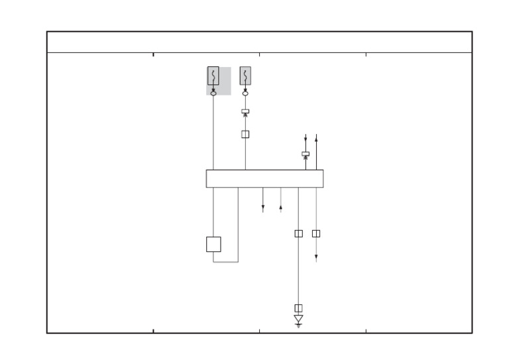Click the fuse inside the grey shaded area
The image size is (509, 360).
click(x=213, y=76)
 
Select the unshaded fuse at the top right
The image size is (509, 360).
click(x=245, y=76)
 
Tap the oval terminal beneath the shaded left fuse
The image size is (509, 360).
click(x=213, y=93)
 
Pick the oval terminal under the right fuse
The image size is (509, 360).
click(x=245, y=93)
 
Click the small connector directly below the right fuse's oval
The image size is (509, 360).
click(x=245, y=111)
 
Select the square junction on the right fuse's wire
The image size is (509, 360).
click(x=245, y=134)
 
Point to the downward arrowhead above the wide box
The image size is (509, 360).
click(x=306, y=139)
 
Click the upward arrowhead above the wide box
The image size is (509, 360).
click(x=316, y=138)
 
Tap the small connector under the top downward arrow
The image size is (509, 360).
click(x=306, y=154)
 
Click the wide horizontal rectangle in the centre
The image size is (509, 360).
click(x=264, y=178)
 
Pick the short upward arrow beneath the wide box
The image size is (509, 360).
click(x=280, y=208)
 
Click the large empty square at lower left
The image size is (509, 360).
click(x=213, y=244)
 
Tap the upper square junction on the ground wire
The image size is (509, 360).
click(x=298, y=233)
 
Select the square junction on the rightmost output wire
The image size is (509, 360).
click(x=316, y=233)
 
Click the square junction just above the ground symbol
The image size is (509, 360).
click(x=298, y=308)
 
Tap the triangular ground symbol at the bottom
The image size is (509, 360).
click(x=298, y=320)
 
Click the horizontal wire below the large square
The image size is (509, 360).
click(x=225, y=262)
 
